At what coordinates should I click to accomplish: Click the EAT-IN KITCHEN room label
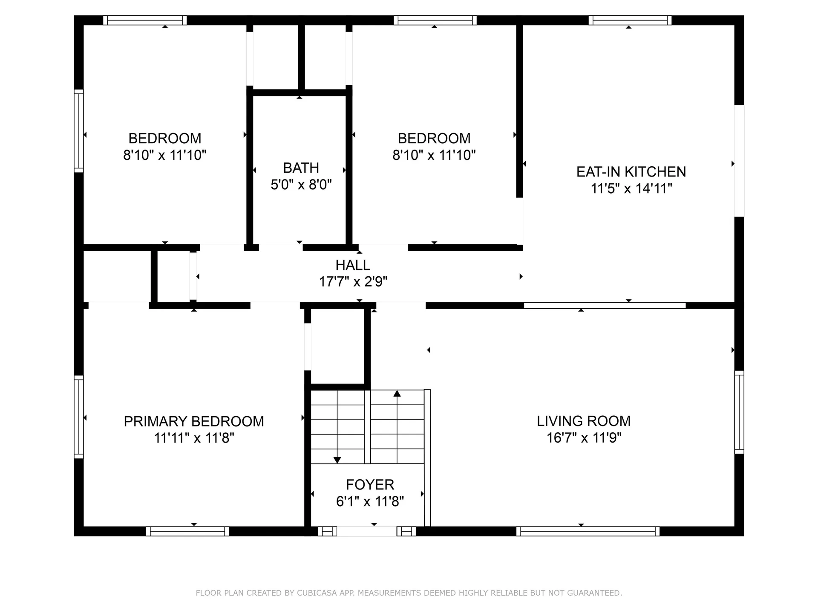point(631,172)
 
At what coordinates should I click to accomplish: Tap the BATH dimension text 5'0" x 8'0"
point(301,185)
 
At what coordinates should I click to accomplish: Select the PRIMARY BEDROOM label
point(194,421)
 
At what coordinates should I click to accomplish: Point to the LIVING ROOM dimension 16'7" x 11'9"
point(584,438)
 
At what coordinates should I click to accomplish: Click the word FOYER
point(370,485)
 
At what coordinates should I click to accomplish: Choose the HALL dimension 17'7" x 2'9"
point(353,282)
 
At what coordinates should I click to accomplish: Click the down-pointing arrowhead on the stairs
point(337,460)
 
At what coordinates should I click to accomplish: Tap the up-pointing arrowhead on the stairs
point(397,393)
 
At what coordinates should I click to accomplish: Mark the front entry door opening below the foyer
point(366,531)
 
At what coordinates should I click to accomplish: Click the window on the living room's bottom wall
point(588,531)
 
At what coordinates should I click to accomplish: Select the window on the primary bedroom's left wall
point(79,417)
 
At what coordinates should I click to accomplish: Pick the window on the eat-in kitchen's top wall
point(630,20)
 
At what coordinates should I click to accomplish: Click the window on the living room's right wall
point(739,412)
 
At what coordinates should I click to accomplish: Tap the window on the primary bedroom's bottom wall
point(187,531)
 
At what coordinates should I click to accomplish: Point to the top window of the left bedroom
point(145,20)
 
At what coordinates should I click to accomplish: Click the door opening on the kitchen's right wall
point(739,161)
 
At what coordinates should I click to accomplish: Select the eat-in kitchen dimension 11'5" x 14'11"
point(631,188)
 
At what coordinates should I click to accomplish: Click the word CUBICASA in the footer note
point(317,593)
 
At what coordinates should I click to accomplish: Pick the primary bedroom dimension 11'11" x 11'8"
point(194,438)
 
